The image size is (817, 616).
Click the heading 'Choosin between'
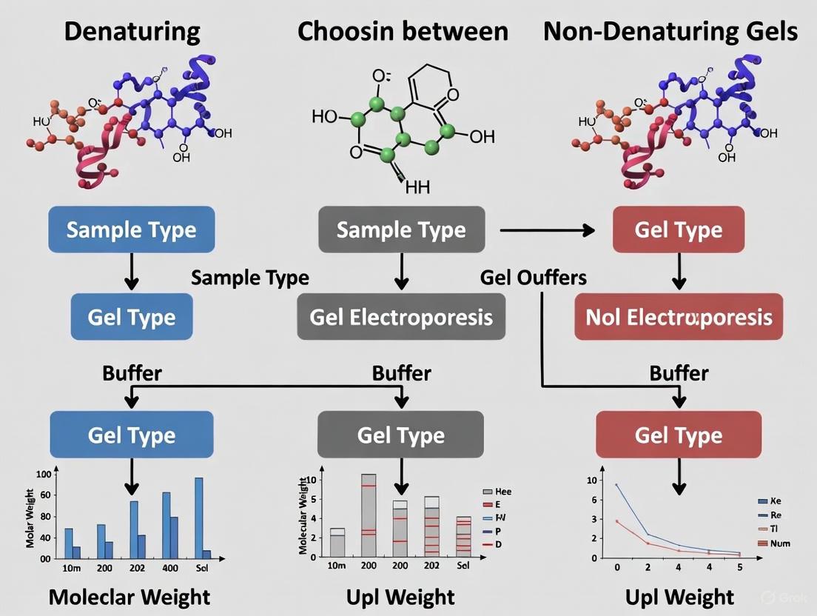(403, 31)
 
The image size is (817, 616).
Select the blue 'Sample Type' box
(131, 230)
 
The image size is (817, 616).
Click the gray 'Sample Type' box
(401, 230)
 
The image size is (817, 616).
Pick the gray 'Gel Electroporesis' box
(401, 317)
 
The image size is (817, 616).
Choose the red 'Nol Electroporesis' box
(679, 317)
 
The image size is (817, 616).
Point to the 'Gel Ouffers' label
(533, 278)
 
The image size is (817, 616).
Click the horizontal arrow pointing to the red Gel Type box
(548, 230)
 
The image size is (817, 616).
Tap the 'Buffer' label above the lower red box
(679, 372)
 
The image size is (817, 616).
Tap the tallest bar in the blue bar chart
(198, 517)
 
